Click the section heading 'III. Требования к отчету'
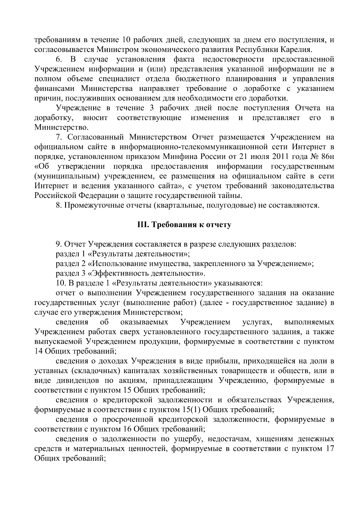(184, 225)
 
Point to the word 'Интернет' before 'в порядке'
(308, 147)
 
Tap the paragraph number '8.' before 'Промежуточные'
(59, 206)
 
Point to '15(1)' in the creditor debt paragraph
(190, 410)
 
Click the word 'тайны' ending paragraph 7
(230, 196)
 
